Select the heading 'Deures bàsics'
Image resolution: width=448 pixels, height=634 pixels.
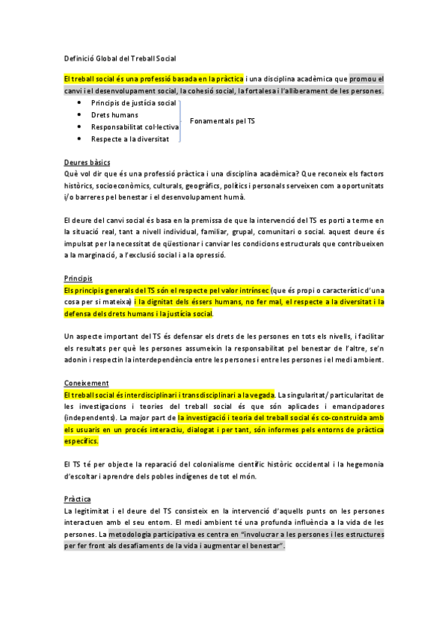[87, 162]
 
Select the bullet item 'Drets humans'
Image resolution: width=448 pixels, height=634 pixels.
[114, 114]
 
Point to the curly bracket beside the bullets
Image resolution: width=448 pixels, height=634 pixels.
[181, 120]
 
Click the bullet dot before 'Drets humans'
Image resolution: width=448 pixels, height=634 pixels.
[79, 114]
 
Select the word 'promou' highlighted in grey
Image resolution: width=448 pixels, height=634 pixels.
[363, 78]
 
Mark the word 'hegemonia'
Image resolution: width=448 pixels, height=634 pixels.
[362, 465]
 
